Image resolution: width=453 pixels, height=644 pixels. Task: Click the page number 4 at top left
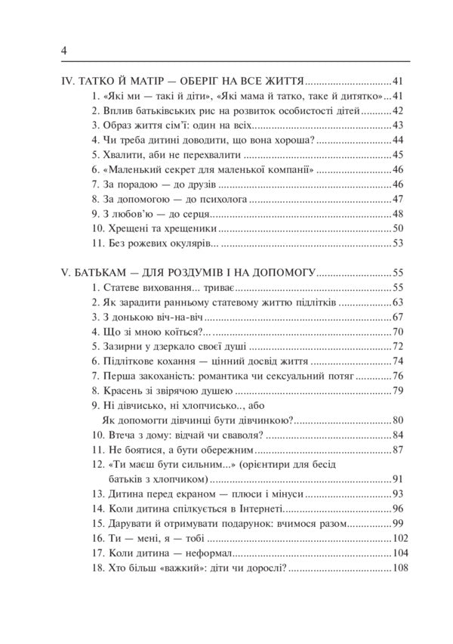[64, 51]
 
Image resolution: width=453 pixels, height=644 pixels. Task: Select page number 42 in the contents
[399, 110]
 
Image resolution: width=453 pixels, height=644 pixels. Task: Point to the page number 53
[399, 243]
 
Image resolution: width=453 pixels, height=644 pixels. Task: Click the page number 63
[399, 303]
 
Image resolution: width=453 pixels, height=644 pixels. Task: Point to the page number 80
[399, 420]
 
